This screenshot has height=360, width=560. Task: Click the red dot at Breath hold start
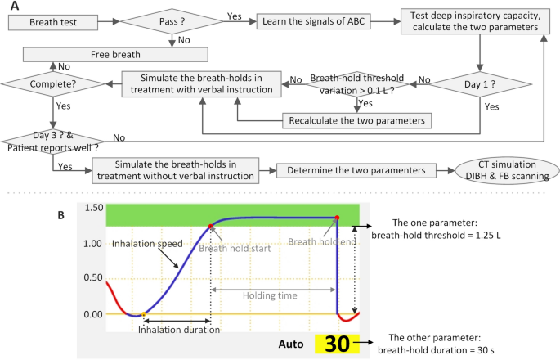(211, 225)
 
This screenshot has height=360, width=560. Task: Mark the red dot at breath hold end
(337, 218)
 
